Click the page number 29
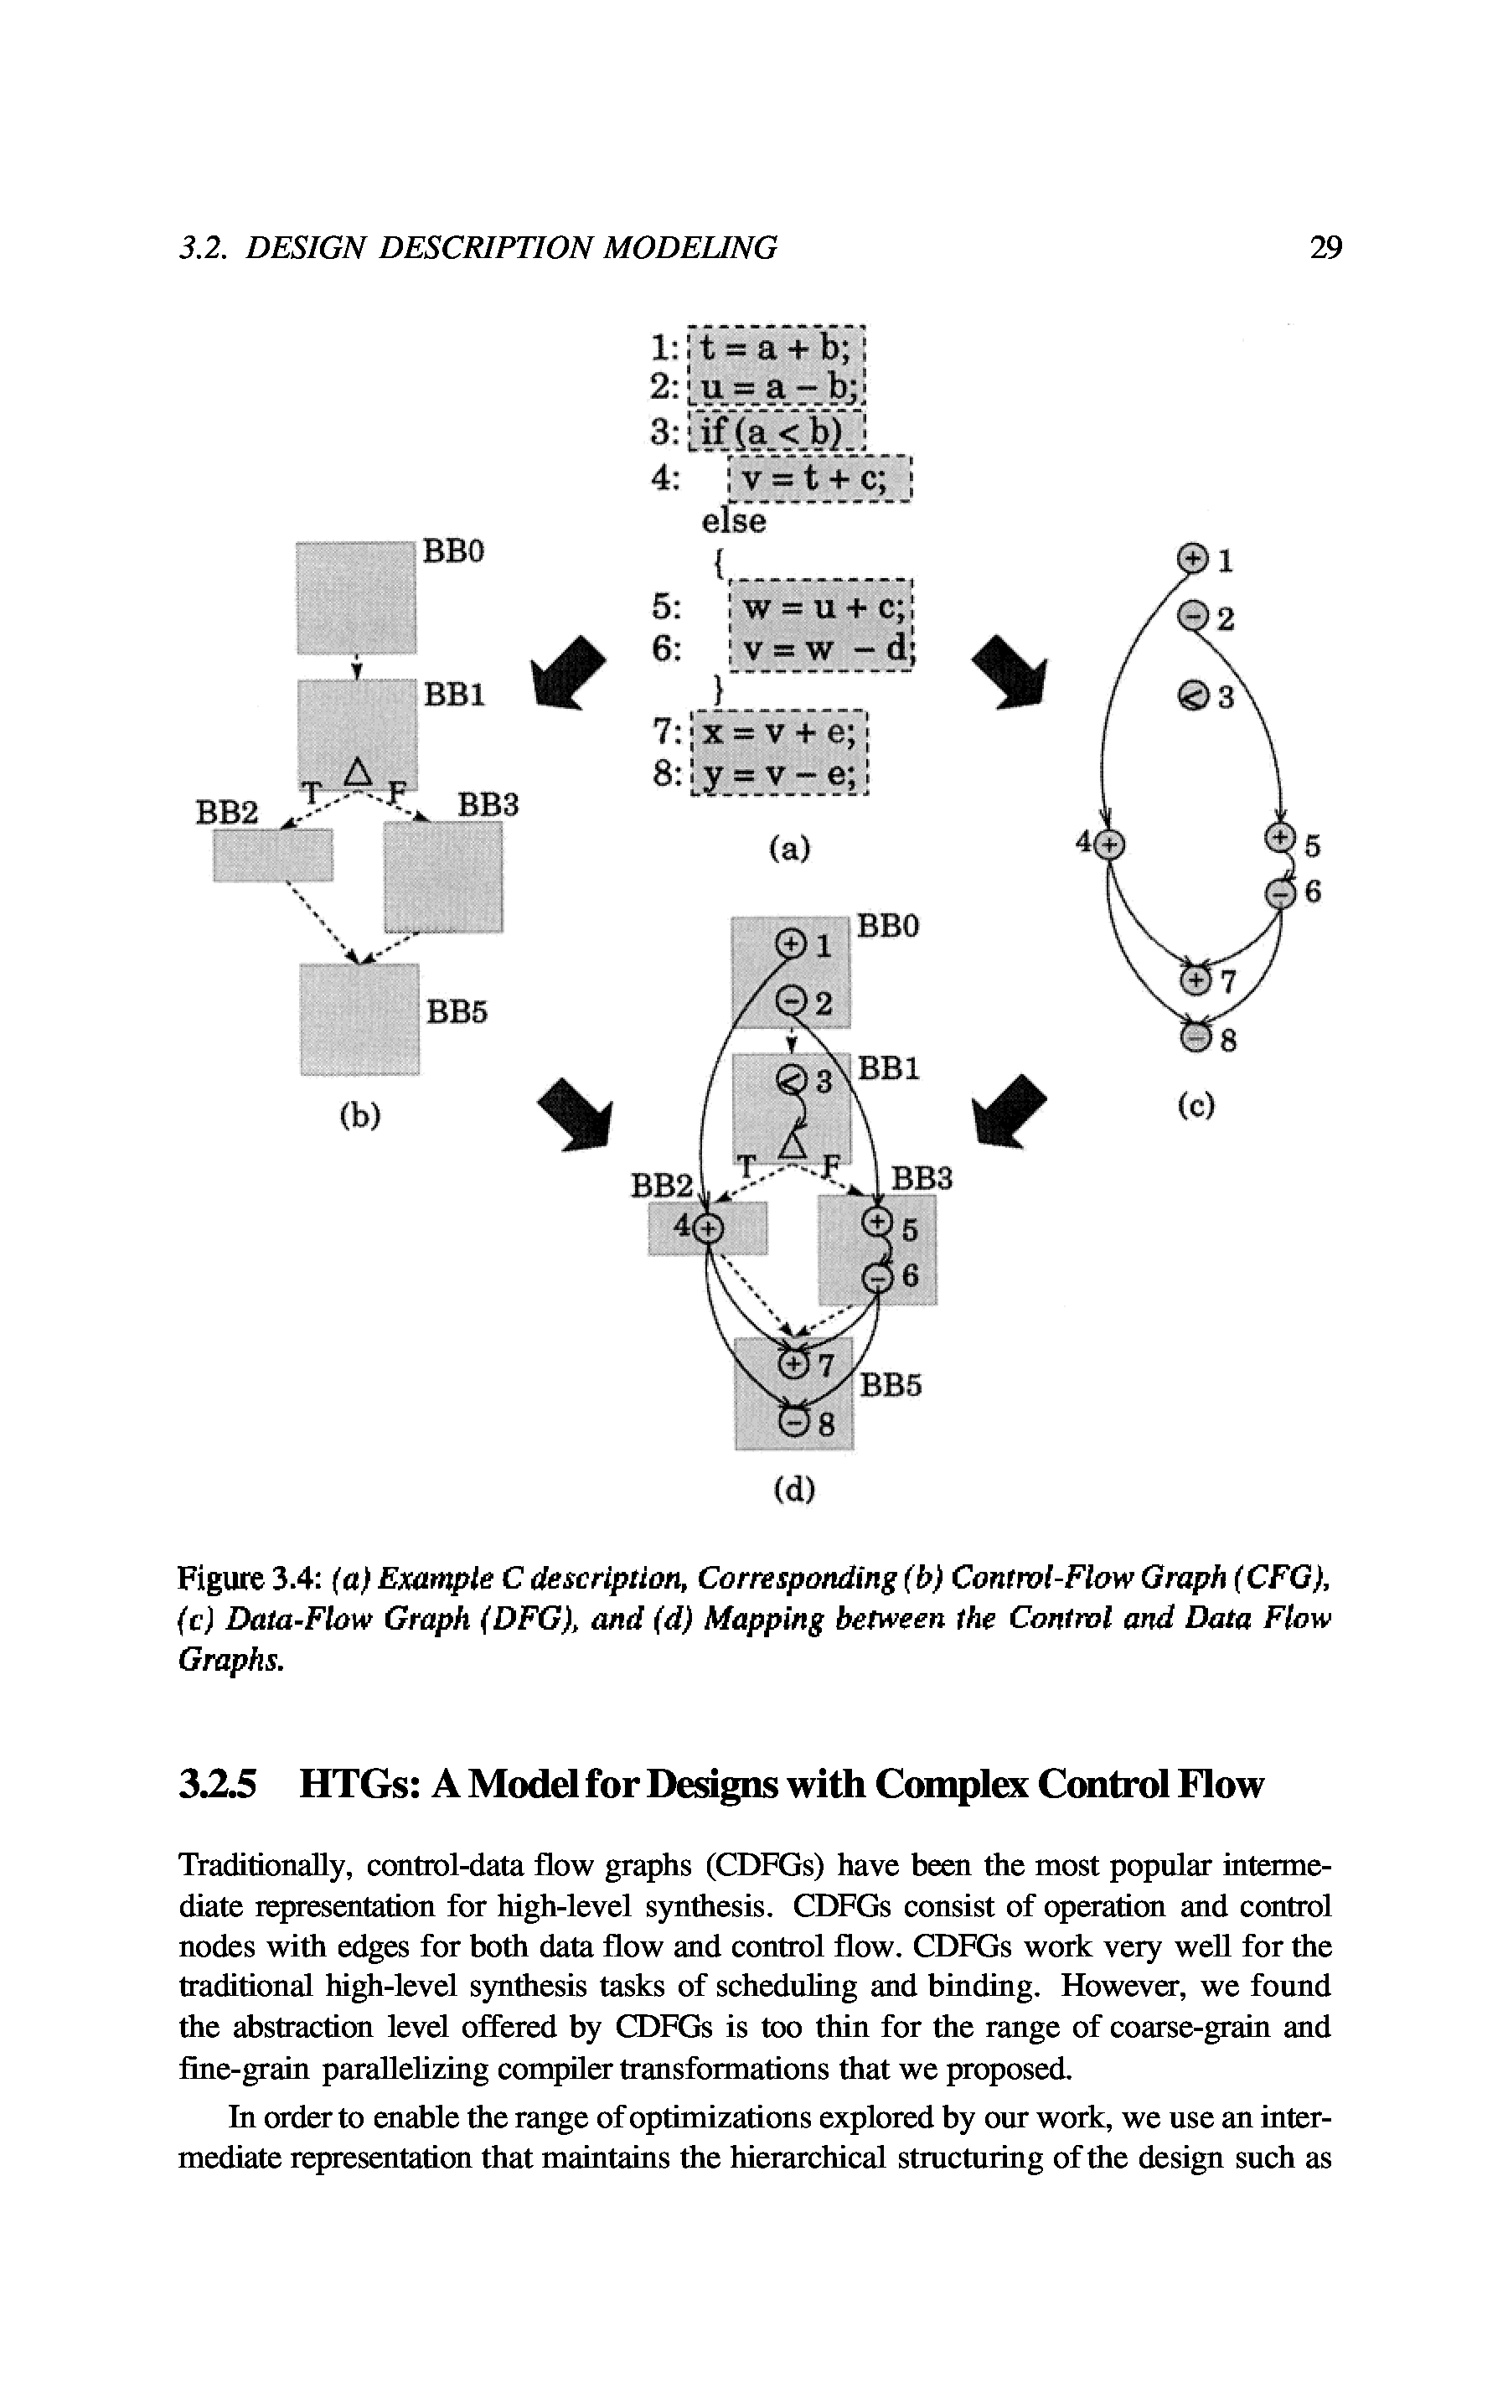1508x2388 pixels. pos(1325,246)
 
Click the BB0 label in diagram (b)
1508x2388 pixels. pos(453,551)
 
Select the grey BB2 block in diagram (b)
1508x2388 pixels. pos(272,854)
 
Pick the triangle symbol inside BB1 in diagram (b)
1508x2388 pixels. pos(357,769)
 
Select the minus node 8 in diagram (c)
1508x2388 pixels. pos(1196,1037)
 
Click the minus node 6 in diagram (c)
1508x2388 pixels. pos(1281,893)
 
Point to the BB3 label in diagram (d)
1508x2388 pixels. pos(921,1178)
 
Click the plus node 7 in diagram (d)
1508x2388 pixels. pos(794,1366)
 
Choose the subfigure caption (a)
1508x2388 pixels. pos(789,848)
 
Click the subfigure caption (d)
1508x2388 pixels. pos(793,1490)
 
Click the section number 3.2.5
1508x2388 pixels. pos(218,1784)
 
